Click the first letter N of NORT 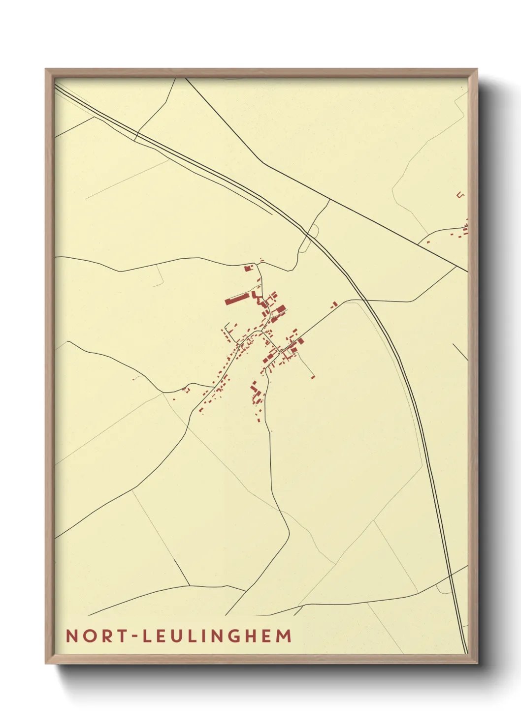coord(72,636)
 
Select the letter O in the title coord(89,636)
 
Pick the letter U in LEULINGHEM coord(180,636)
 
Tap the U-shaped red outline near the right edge coord(460,195)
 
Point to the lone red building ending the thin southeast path coord(313,377)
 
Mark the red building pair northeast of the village coord(334,304)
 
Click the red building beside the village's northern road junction coord(248,268)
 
